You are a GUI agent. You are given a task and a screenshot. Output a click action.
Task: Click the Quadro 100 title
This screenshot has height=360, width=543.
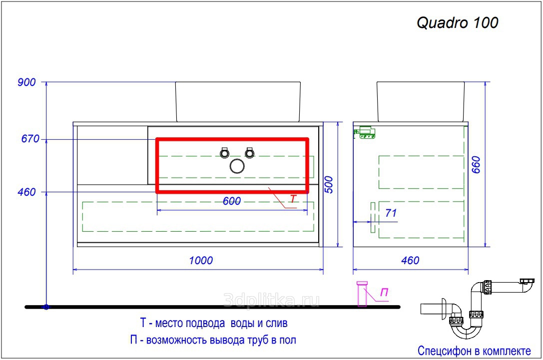457,23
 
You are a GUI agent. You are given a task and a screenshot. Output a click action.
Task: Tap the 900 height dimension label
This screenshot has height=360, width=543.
26,82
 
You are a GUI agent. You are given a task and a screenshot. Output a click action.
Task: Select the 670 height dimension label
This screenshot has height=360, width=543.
30,139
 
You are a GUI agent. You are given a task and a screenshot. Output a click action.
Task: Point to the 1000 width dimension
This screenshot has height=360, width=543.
201,260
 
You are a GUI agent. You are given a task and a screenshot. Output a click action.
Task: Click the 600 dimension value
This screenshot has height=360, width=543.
232,201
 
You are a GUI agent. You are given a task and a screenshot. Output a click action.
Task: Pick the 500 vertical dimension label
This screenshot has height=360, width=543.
329,185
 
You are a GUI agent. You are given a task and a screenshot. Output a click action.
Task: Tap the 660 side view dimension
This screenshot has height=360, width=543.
477,165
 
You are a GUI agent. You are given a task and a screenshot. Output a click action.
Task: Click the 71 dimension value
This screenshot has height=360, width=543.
391,213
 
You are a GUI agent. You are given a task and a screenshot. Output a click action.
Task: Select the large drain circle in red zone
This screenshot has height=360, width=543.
237,166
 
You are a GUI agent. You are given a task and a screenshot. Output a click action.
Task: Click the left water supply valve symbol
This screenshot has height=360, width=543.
224,153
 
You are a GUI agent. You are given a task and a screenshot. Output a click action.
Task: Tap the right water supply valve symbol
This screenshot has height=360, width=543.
250,153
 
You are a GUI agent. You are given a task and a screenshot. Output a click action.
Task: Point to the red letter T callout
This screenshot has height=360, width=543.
293,199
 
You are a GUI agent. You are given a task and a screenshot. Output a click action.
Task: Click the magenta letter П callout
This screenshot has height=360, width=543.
384,293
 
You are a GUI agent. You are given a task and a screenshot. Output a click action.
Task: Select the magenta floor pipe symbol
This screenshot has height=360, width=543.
362,294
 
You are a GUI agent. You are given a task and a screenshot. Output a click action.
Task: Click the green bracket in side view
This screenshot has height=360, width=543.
365,133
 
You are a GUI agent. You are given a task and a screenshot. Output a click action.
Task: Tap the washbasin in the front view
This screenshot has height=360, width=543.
238,102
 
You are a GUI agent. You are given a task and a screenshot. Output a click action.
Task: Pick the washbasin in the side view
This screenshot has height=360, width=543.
421,102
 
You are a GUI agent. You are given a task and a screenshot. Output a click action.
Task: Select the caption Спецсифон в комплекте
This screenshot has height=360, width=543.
474,351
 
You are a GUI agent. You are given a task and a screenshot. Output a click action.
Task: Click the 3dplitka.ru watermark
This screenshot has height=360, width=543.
272,300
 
